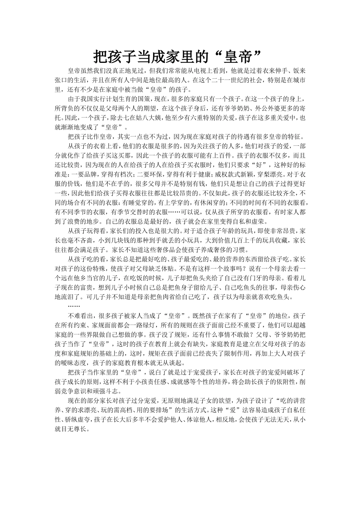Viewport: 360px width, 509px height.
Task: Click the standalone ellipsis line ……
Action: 74,306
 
